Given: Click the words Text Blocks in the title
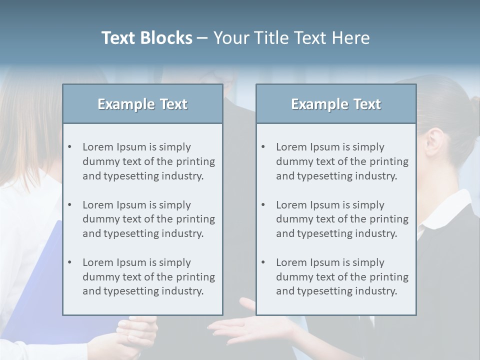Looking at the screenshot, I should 146,38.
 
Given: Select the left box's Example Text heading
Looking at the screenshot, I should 142,104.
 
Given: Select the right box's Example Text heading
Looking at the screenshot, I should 336,104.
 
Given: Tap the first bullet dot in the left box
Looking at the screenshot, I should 69,147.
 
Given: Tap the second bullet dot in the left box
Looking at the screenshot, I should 69,205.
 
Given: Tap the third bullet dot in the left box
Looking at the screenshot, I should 69,262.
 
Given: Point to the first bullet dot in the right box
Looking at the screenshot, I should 263,147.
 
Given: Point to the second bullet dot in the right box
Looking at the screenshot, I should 263,205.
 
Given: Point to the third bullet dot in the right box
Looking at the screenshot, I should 263,262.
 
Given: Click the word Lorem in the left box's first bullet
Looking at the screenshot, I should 97,147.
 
